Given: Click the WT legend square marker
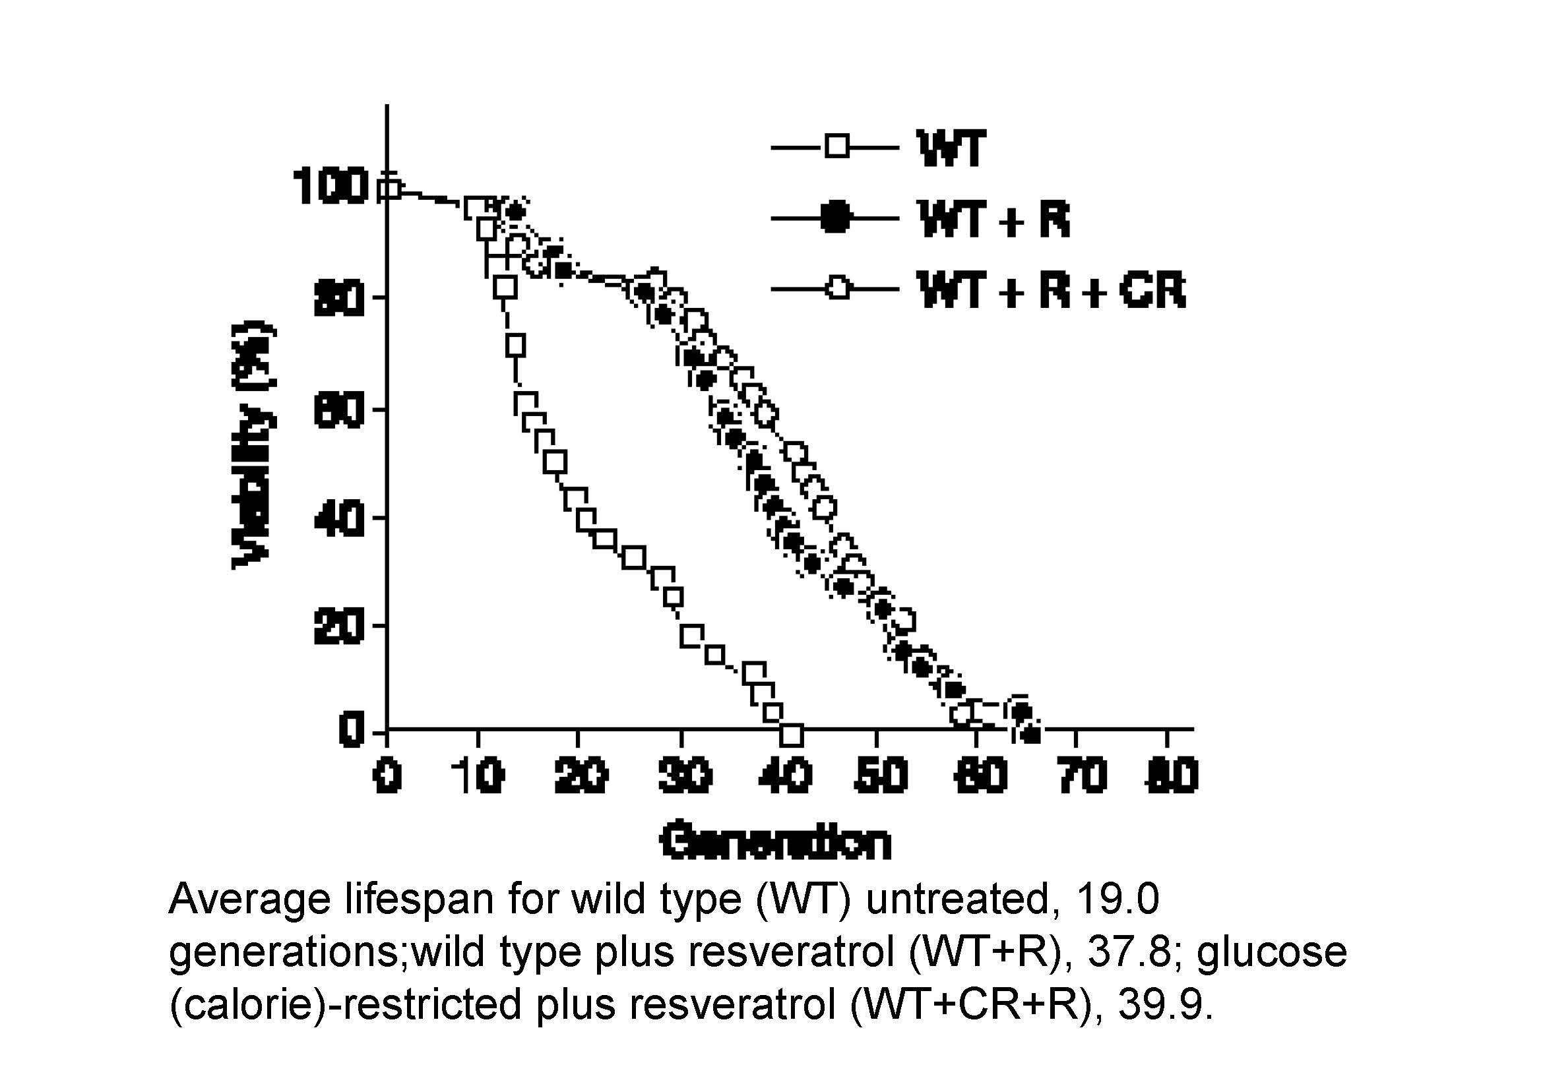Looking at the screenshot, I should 837,146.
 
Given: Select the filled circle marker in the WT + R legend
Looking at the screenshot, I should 836,218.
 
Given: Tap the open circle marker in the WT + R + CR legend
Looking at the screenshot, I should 837,289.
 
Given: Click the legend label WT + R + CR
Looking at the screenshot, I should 1052,290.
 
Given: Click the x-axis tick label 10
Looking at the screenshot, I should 479,775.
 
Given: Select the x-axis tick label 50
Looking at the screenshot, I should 880,775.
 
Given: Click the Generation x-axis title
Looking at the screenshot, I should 776,840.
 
